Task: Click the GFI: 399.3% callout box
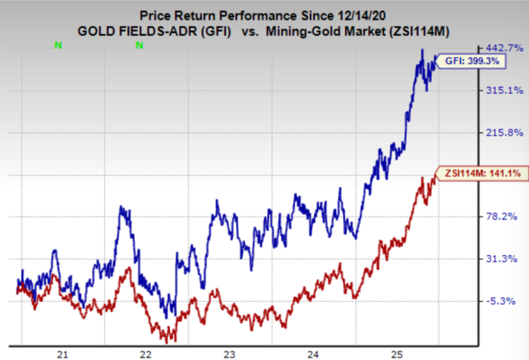[x=468, y=61]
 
